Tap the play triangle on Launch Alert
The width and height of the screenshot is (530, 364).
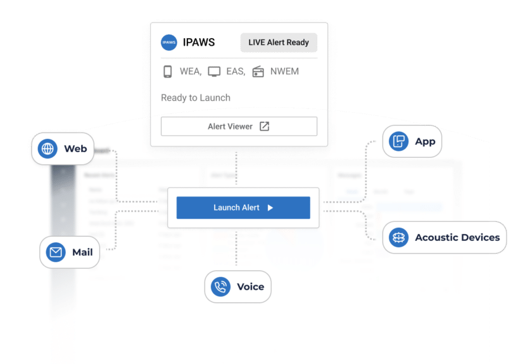pos(270,207)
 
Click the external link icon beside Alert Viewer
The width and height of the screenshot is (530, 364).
pos(265,126)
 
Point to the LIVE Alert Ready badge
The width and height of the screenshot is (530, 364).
pos(279,42)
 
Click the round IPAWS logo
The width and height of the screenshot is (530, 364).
pos(169,42)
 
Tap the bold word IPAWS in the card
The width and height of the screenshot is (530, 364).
pos(199,42)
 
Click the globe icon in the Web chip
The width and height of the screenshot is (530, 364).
pos(47,150)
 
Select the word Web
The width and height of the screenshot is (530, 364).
pos(75,150)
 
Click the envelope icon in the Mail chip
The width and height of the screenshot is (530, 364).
pos(56,252)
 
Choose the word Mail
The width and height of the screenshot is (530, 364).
pos(82,252)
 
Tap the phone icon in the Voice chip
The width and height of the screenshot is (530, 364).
pos(220,287)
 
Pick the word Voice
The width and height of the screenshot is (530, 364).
pos(250,287)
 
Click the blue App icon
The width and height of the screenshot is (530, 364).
pos(399,141)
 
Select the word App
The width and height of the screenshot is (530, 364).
pos(425,141)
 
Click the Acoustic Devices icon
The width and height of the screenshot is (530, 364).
pos(398,238)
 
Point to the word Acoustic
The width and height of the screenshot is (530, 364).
pos(436,238)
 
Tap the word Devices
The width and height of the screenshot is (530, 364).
pos(480,238)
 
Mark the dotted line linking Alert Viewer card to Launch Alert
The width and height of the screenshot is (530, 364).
pos(236,167)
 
